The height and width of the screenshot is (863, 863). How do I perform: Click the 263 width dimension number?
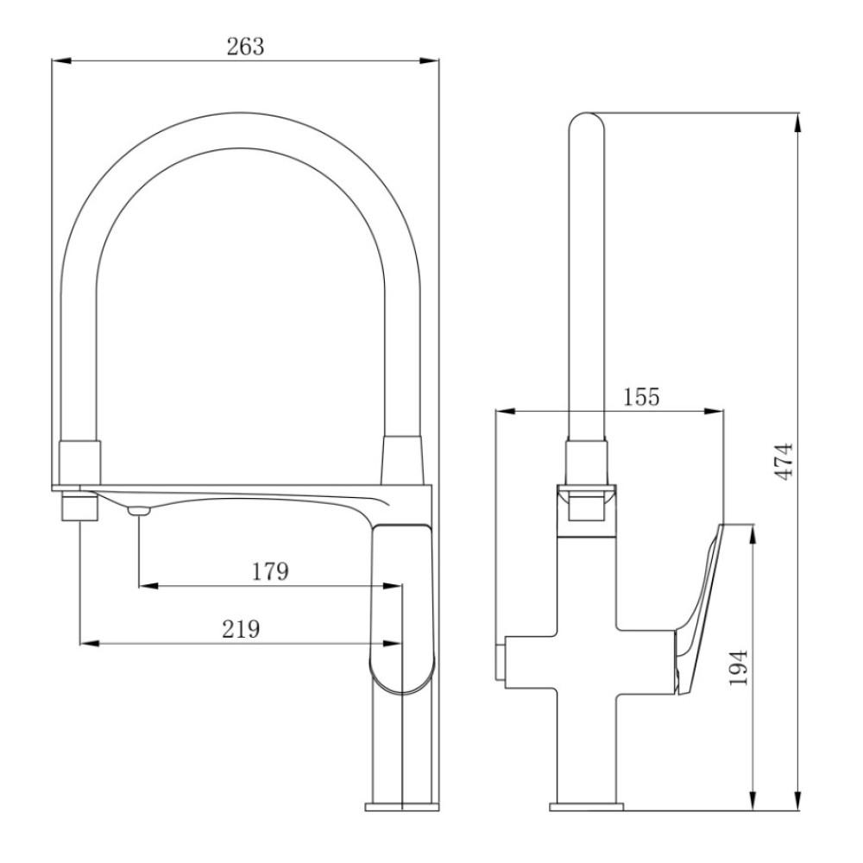click(x=245, y=47)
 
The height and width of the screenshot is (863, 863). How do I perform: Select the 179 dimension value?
click(x=270, y=571)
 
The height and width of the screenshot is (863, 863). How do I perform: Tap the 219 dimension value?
click(x=241, y=628)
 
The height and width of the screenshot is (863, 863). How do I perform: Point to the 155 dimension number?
click(x=641, y=396)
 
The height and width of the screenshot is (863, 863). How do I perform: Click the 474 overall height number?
click(x=784, y=461)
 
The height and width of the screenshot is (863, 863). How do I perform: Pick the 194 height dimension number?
click(x=739, y=667)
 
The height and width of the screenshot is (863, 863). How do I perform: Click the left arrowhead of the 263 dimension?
click(x=61, y=60)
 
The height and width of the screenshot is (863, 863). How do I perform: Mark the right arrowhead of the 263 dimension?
click(x=429, y=60)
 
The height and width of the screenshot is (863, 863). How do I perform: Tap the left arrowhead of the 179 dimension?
click(x=148, y=586)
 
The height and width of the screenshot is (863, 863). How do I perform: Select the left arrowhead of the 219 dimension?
click(x=91, y=643)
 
